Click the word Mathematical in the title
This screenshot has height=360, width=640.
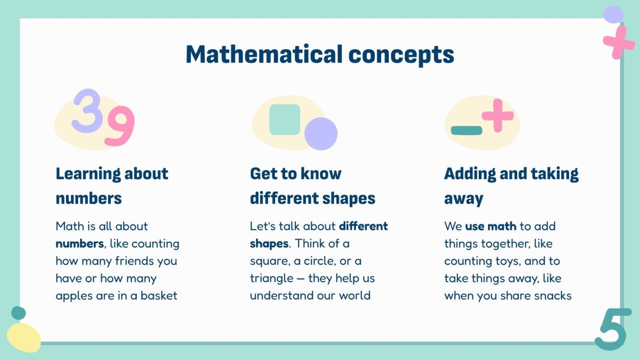(x=264, y=54)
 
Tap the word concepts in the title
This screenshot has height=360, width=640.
(x=401, y=55)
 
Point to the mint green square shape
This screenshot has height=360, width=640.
(x=285, y=120)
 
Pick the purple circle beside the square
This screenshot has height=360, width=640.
(x=321, y=134)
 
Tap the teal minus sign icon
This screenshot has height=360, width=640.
(x=466, y=130)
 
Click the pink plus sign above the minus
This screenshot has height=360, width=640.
(x=497, y=115)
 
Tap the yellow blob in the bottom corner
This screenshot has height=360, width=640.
(x=24, y=337)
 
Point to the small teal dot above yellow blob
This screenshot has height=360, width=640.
(x=18, y=313)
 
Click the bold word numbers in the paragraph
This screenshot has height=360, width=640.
(x=79, y=244)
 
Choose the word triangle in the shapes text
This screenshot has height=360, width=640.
(x=271, y=278)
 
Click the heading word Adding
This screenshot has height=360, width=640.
(x=470, y=174)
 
